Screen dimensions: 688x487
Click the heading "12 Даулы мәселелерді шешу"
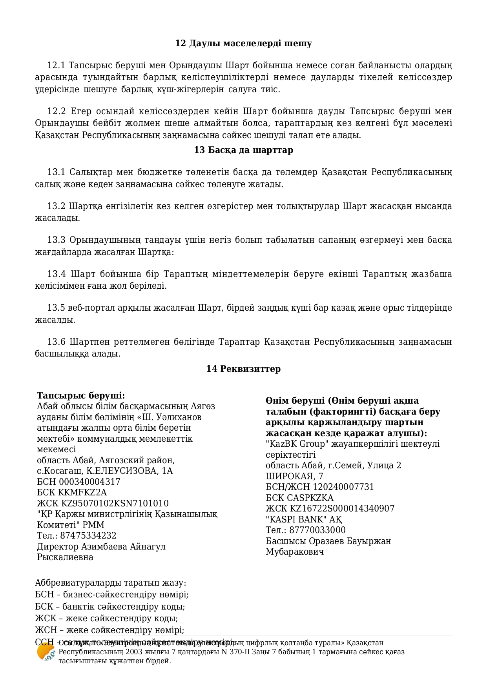click(243, 44)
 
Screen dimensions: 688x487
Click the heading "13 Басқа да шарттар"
click(243, 150)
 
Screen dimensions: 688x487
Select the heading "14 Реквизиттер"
click(243, 369)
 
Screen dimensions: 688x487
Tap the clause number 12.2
click(56, 111)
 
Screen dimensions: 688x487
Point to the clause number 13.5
click(56, 308)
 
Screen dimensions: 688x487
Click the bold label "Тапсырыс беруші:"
click(81, 395)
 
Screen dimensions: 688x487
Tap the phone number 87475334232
click(88, 536)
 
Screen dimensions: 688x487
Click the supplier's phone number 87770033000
click(317, 530)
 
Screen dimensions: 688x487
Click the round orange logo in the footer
click(46, 652)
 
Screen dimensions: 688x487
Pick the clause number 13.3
click(56, 240)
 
